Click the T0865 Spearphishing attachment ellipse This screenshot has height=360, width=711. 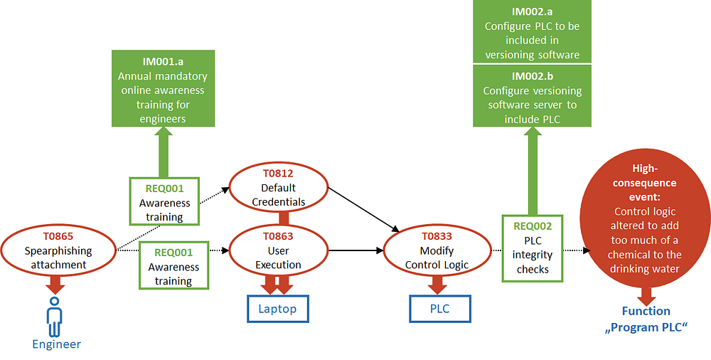pyautogui.click(x=58, y=250)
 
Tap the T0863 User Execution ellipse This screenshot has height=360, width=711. pyautogui.click(x=279, y=250)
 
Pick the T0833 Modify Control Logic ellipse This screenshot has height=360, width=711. pyautogui.click(x=437, y=251)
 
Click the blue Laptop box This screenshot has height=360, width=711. pyautogui.click(x=278, y=309)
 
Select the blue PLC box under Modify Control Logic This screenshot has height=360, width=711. pyautogui.click(x=440, y=309)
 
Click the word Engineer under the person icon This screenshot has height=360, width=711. pyautogui.click(x=56, y=344)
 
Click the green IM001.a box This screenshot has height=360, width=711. pyautogui.click(x=164, y=88)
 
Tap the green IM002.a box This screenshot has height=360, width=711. pyautogui.click(x=533, y=31)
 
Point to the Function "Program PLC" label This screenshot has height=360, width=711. pyautogui.click(x=646, y=319)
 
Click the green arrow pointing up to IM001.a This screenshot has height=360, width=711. pyautogui.click(x=164, y=152)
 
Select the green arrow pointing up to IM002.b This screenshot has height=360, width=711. pyautogui.click(x=533, y=171)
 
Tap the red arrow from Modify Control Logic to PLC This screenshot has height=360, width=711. pyautogui.click(x=437, y=285)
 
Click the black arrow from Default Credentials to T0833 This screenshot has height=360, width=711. pyautogui.click(x=363, y=209)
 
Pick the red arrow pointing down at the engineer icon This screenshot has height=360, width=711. pyautogui.click(x=55, y=285)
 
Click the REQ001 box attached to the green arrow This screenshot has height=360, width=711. pyautogui.click(x=164, y=201)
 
